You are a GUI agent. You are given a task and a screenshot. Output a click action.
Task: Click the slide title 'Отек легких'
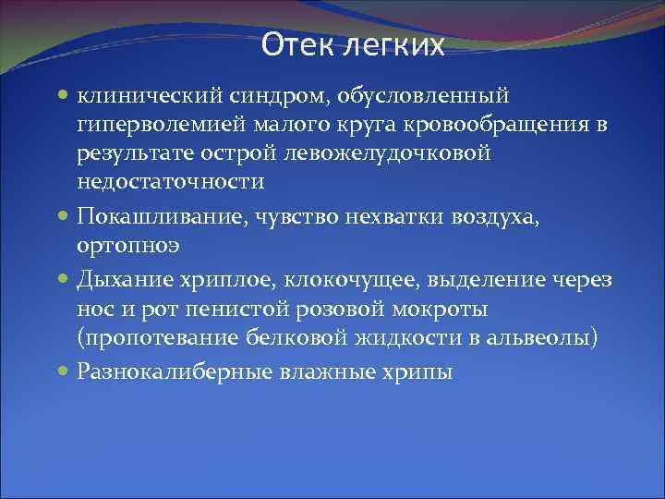click(352, 44)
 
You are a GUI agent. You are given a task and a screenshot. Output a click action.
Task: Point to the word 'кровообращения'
click(497, 125)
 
